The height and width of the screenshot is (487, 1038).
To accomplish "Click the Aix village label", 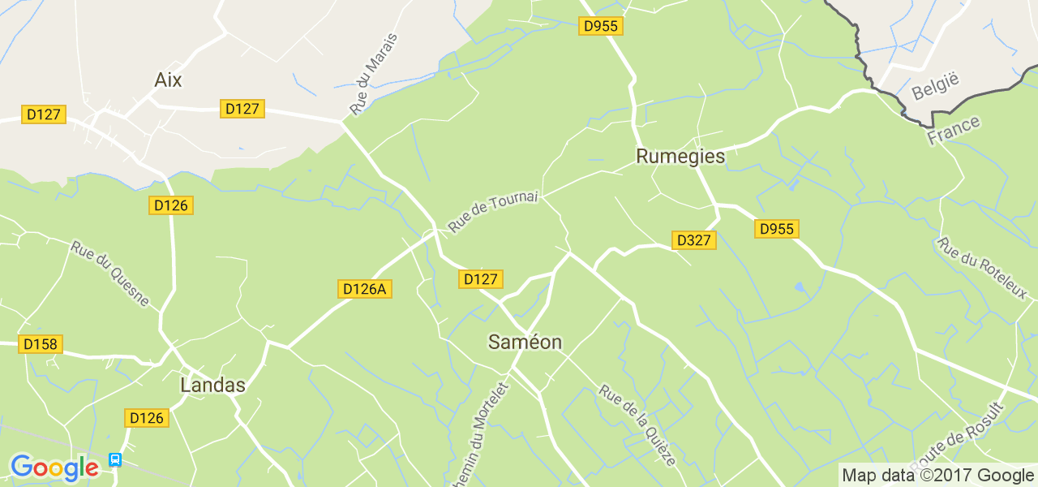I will tap(168, 80).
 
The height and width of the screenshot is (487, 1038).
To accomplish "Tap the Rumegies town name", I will tap(680, 156).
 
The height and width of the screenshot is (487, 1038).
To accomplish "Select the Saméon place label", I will tap(525, 343).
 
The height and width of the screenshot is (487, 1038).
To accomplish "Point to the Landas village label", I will tap(212, 386).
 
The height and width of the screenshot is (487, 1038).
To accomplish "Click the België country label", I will tap(935, 86).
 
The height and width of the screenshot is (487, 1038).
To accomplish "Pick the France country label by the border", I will tap(954, 131).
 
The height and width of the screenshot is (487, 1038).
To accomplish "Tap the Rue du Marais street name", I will tap(374, 74).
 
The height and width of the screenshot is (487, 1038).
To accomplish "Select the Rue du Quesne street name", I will tap(109, 274).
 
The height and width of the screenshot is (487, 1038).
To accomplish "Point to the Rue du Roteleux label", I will tap(981, 268).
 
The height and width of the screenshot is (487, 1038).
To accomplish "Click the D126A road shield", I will tap(364, 289).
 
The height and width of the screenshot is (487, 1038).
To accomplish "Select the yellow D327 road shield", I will tap(693, 240).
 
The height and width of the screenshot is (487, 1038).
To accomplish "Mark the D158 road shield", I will tap(41, 344).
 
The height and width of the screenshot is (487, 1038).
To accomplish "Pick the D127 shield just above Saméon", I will tap(480, 279).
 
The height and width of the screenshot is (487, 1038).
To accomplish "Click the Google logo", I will tap(54, 468).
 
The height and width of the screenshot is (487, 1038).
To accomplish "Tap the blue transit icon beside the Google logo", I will tap(115, 460).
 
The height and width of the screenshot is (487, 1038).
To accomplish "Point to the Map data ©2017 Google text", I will tap(937, 476).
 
